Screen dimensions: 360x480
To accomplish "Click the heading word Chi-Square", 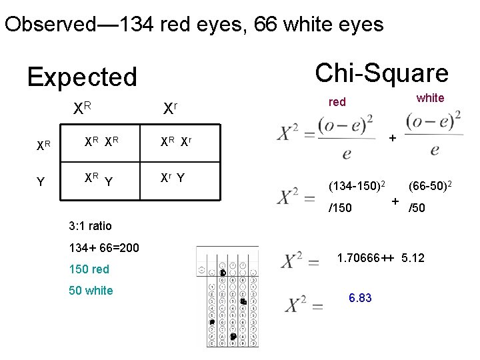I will (381, 73).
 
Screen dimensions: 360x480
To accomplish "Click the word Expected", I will (82, 77).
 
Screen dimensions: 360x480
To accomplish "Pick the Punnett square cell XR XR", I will (101, 141).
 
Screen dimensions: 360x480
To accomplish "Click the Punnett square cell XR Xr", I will (176, 141).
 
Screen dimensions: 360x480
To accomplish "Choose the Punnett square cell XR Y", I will (98, 178).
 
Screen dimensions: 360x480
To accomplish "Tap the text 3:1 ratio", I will (91, 225).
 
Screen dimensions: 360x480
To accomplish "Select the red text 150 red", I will (89, 269).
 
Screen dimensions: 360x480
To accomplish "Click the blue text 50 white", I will (91, 291).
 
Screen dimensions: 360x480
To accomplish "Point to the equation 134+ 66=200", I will (104, 248).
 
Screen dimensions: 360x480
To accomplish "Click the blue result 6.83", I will (360, 298).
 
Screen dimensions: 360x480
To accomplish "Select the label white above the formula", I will (430, 98).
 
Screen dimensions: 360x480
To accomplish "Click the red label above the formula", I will (337, 102).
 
